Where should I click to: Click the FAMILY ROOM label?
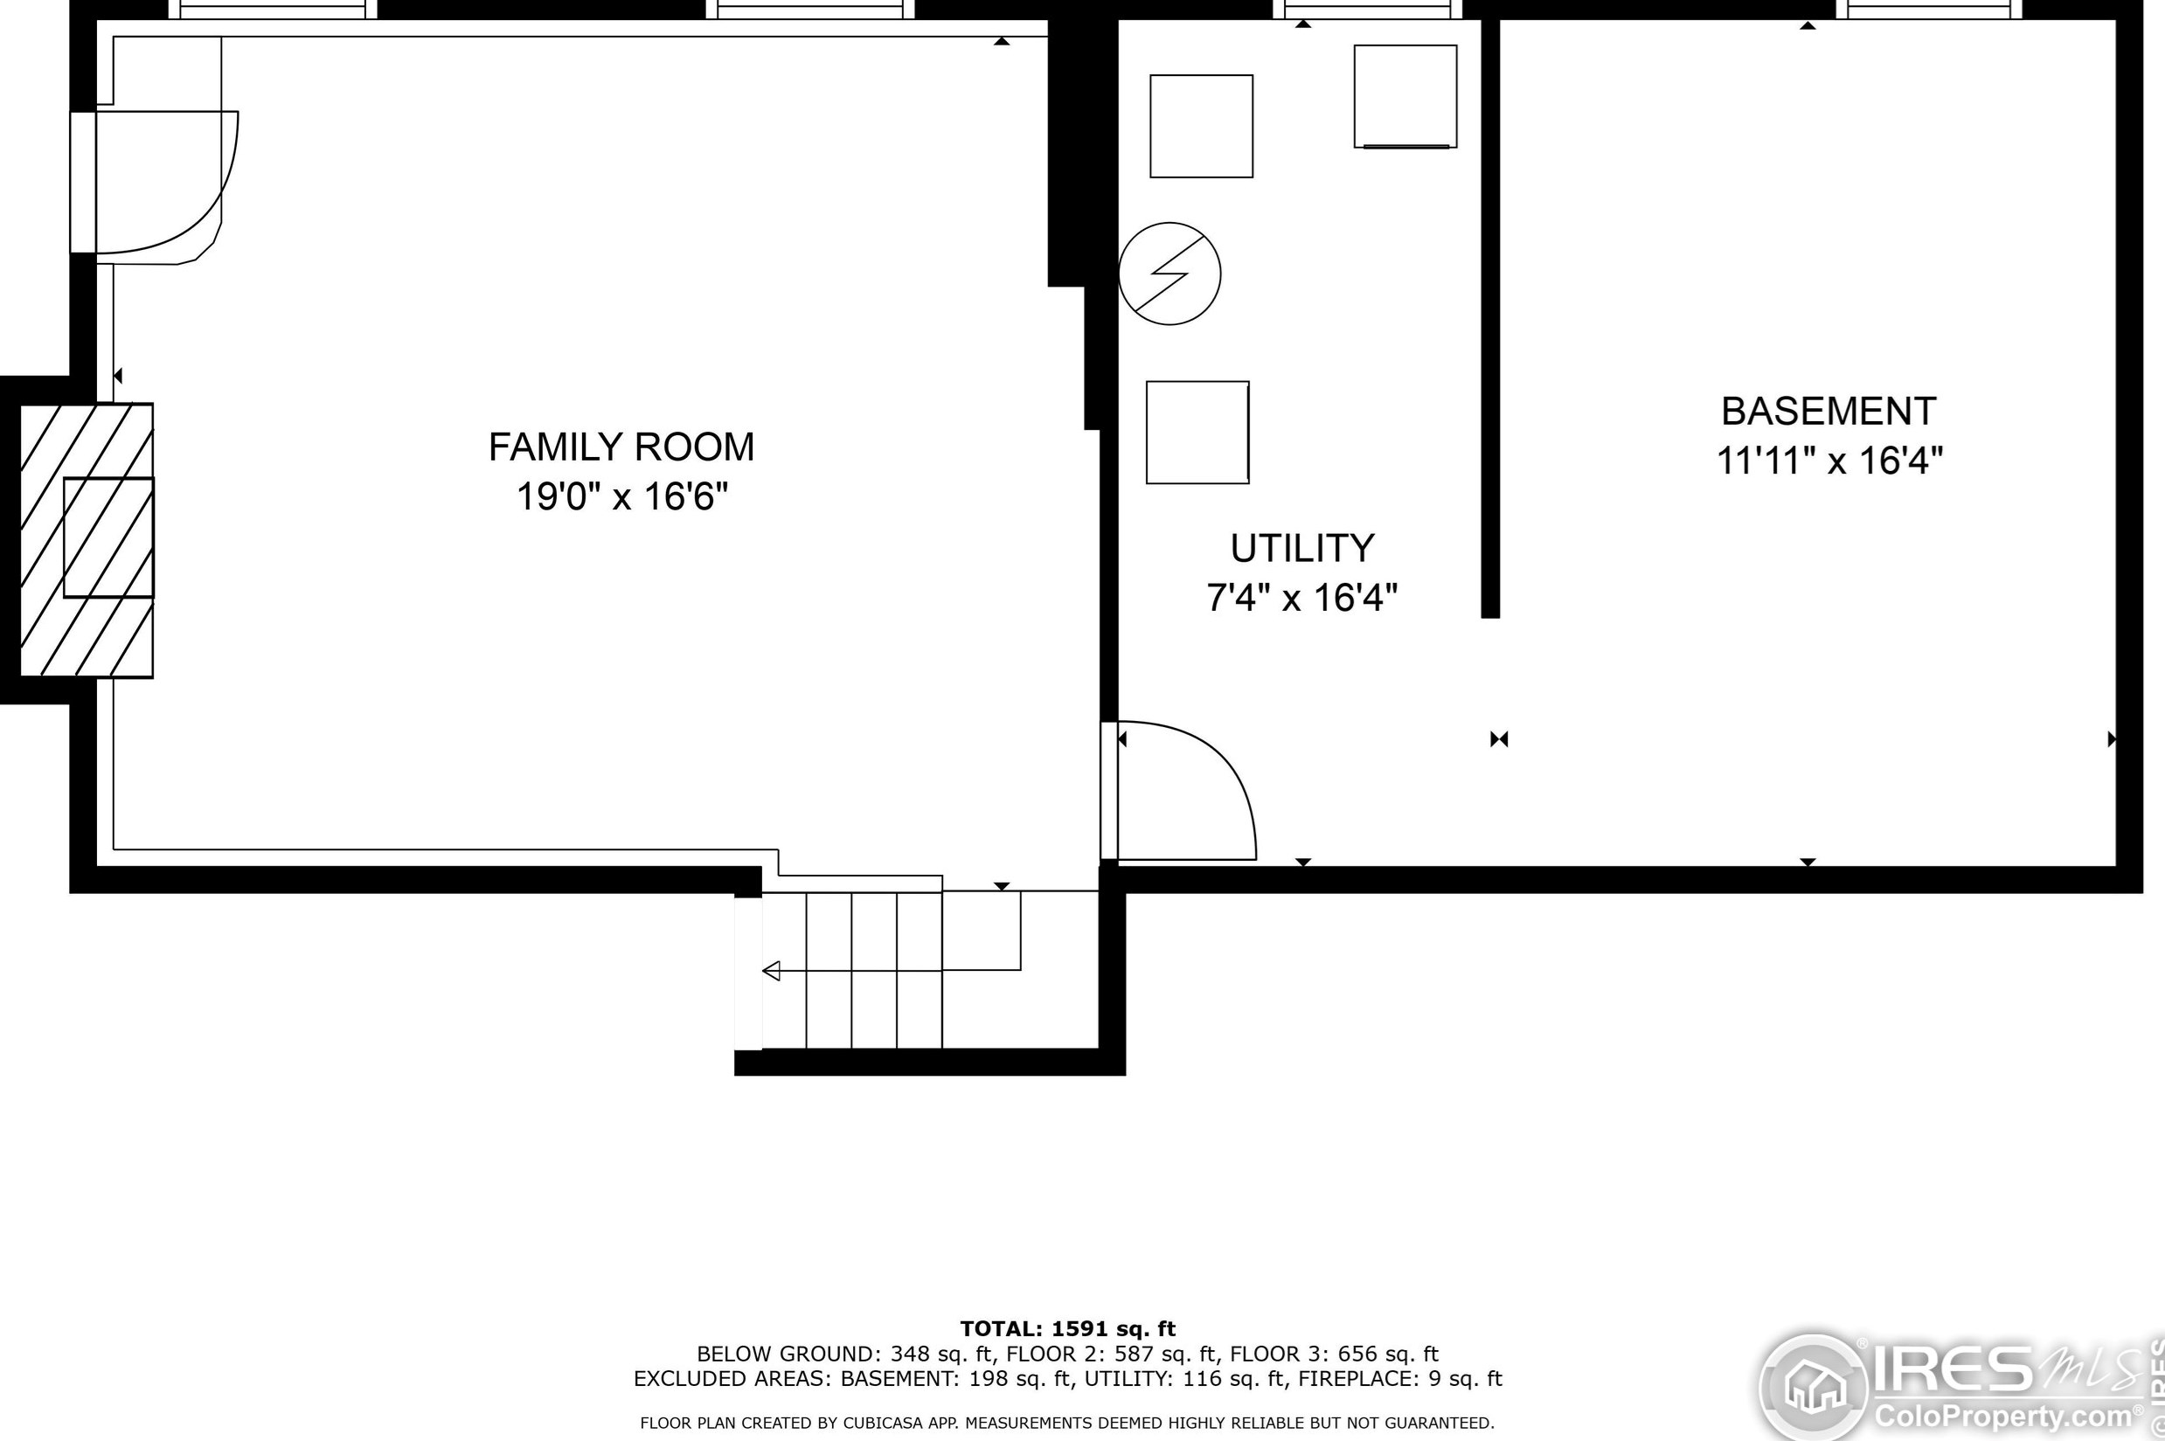(x=621, y=447)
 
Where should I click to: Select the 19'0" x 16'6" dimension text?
(x=622, y=497)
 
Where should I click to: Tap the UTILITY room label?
(x=1302, y=549)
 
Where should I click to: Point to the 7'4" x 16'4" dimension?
(x=1302, y=599)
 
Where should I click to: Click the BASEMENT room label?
(x=1828, y=412)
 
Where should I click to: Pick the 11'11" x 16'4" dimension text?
(x=1829, y=461)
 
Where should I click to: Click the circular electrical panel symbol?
(x=1169, y=274)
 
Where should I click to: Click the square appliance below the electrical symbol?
(x=1197, y=433)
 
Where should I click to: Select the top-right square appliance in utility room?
(x=1405, y=96)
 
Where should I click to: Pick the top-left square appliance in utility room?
(x=1201, y=127)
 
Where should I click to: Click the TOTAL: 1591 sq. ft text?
(x=1068, y=1329)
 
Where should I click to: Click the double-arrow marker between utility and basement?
(x=1499, y=739)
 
